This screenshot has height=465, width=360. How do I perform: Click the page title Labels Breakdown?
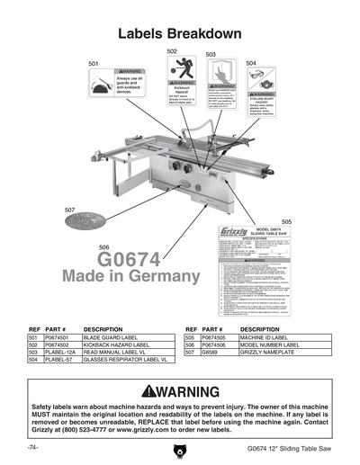180,34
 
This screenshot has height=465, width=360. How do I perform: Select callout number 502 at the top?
172,51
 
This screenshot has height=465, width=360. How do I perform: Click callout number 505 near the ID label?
286,221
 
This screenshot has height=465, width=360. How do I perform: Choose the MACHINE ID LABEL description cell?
266,338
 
